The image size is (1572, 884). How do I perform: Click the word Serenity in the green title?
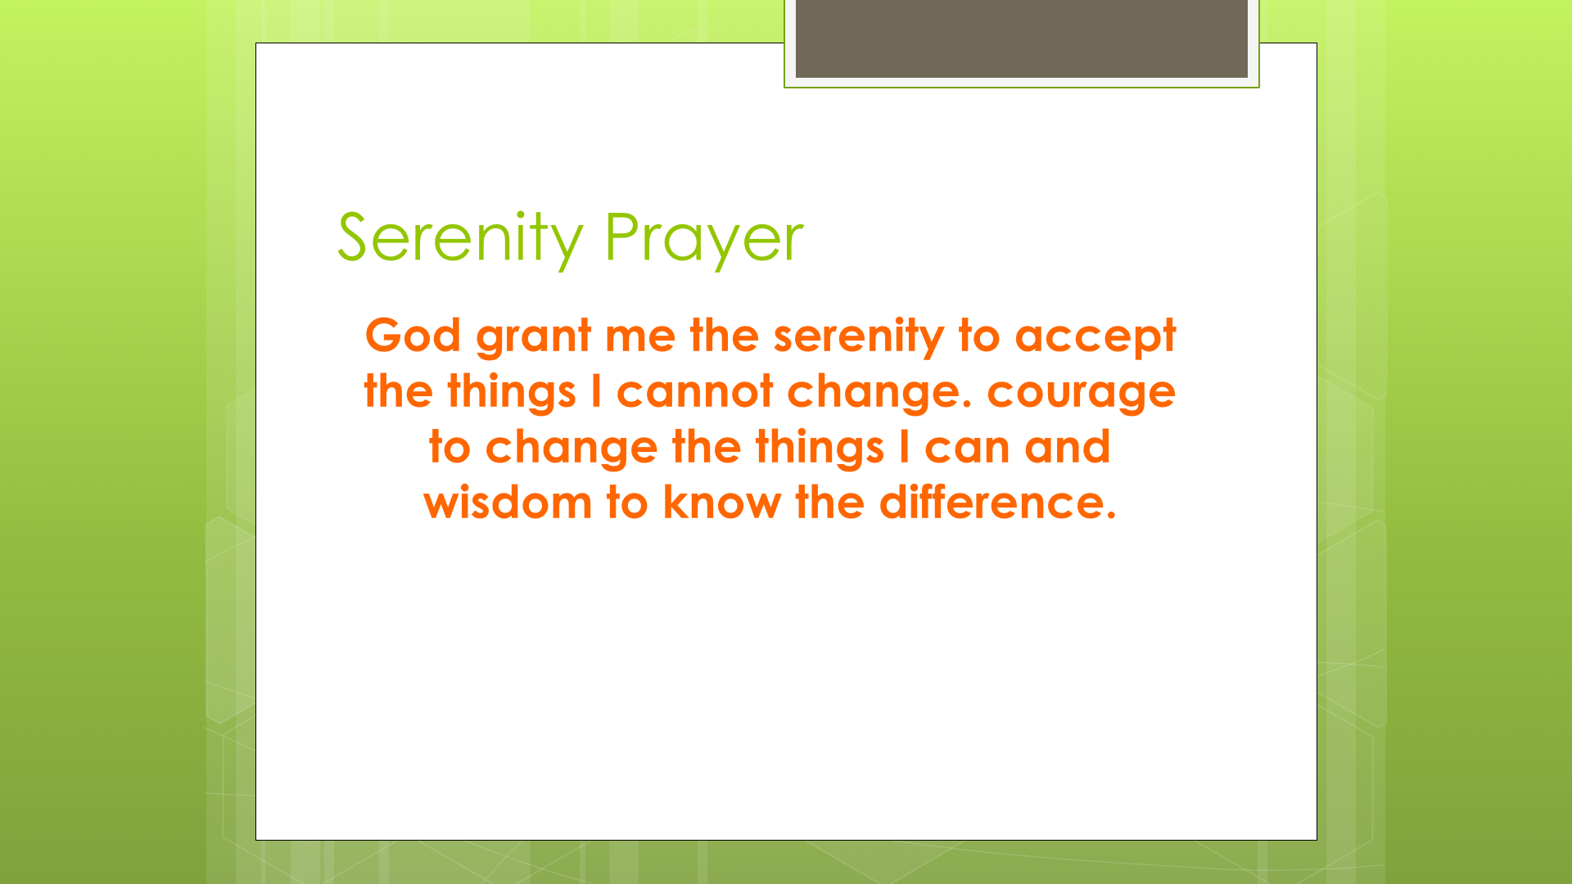tap(459, 239)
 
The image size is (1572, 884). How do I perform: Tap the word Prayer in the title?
tap(704, 239)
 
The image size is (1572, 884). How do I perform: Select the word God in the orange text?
tap(413, 335)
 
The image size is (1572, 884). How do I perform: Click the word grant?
tap(533, 337)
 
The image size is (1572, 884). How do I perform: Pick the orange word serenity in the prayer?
tap(859, 337)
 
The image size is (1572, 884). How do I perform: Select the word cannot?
tap(694, 392)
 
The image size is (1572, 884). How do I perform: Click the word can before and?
tap(967, 449)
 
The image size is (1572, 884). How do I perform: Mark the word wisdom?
tap(508, 503)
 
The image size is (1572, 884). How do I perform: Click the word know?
tap(722, 503)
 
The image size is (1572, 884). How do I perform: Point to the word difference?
tap(997, 503)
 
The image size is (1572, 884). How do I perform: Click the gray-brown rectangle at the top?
tap(1021, 38)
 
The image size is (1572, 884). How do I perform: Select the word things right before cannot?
tap(511, 393)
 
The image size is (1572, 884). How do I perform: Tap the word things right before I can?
tap(820, 449)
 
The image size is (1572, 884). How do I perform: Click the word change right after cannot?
tap(879, 394)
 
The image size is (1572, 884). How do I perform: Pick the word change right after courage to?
tap(571, 449)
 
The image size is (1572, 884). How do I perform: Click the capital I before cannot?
tap(596, 391)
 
